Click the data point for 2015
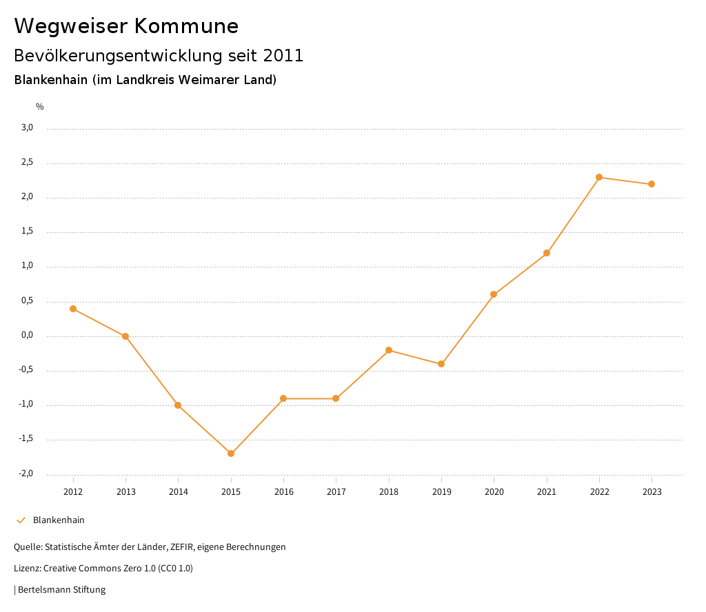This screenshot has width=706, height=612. (231, 453)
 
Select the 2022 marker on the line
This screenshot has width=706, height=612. (599, 177)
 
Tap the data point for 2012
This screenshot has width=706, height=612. (73, 309)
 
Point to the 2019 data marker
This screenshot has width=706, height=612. (441, 364)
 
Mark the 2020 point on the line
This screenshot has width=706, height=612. (494, 294)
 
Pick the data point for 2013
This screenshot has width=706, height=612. (125, 336)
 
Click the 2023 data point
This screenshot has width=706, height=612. (652, 184)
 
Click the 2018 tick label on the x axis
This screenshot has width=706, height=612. (389, 491)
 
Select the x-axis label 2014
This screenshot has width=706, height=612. (178, 491)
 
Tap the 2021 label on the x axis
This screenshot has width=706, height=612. (547, 491)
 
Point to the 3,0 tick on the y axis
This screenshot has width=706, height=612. (27, 127)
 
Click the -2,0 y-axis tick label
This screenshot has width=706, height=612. (26, 473)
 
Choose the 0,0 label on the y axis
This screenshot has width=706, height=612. (27, 335)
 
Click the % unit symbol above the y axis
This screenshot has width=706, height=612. (40, 107)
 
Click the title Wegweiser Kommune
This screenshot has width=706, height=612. (126, 26)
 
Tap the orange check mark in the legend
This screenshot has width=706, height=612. (21, 520)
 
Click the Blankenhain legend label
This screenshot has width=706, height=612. (59, 520)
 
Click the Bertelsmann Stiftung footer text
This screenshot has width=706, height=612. (61, 590)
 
